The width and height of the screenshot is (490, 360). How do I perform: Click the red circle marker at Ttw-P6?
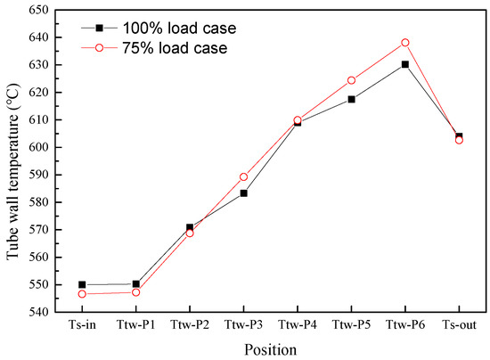(404, 43)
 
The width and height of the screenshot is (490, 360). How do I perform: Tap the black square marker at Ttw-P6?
(404, 64)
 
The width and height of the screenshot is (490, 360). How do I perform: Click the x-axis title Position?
(270, 349)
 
